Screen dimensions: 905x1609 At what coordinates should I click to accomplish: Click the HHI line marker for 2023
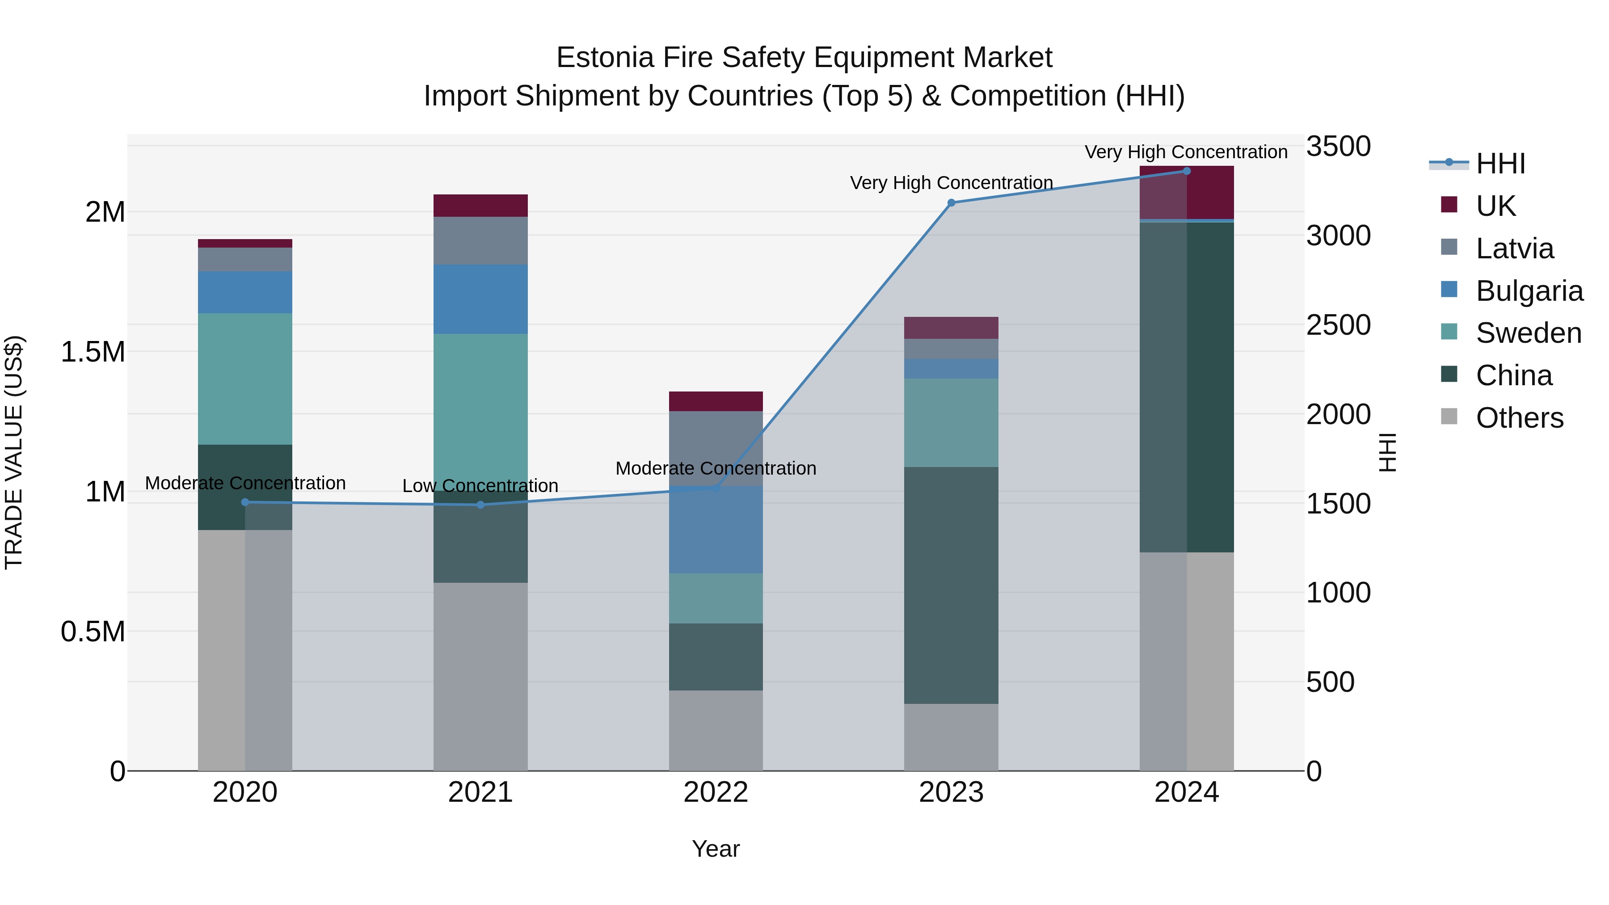pos(951,203)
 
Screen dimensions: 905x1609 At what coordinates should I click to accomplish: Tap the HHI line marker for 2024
pos(1186,171)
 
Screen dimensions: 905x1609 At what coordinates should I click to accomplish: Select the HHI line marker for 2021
pos(480,505)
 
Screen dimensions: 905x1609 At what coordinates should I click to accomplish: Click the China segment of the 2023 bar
pos(951,585)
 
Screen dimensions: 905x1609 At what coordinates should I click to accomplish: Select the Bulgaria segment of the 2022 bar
pos(716,530)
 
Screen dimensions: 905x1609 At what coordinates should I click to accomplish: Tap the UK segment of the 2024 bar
pos(1186,192)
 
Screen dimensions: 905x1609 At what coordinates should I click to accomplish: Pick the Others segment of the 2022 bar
pos(716,730)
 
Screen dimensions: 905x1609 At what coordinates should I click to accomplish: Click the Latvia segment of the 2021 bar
pos(480,240)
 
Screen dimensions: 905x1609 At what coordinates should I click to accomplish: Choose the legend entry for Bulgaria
pos(1529,291)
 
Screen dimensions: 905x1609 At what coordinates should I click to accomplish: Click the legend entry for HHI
pos(1500,164)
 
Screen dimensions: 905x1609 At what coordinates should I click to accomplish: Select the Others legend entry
pos(1519,418)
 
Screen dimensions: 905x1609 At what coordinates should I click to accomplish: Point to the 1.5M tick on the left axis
pos(93,352)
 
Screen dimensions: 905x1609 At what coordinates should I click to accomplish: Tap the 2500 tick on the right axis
pos(1338,325)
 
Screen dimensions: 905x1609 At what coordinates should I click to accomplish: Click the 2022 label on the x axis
pos(716,792)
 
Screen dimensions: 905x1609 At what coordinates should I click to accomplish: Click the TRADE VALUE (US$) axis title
pos(14,452)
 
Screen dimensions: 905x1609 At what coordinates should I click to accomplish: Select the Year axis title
pos(716,849)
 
